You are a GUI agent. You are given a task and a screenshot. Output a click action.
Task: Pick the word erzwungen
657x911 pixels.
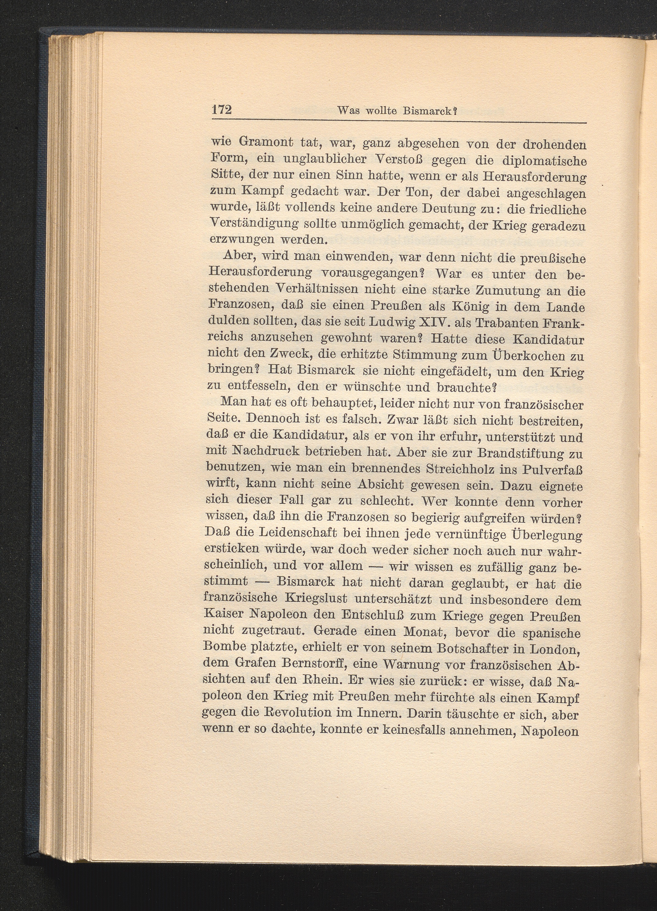click(x=237, y=240)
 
